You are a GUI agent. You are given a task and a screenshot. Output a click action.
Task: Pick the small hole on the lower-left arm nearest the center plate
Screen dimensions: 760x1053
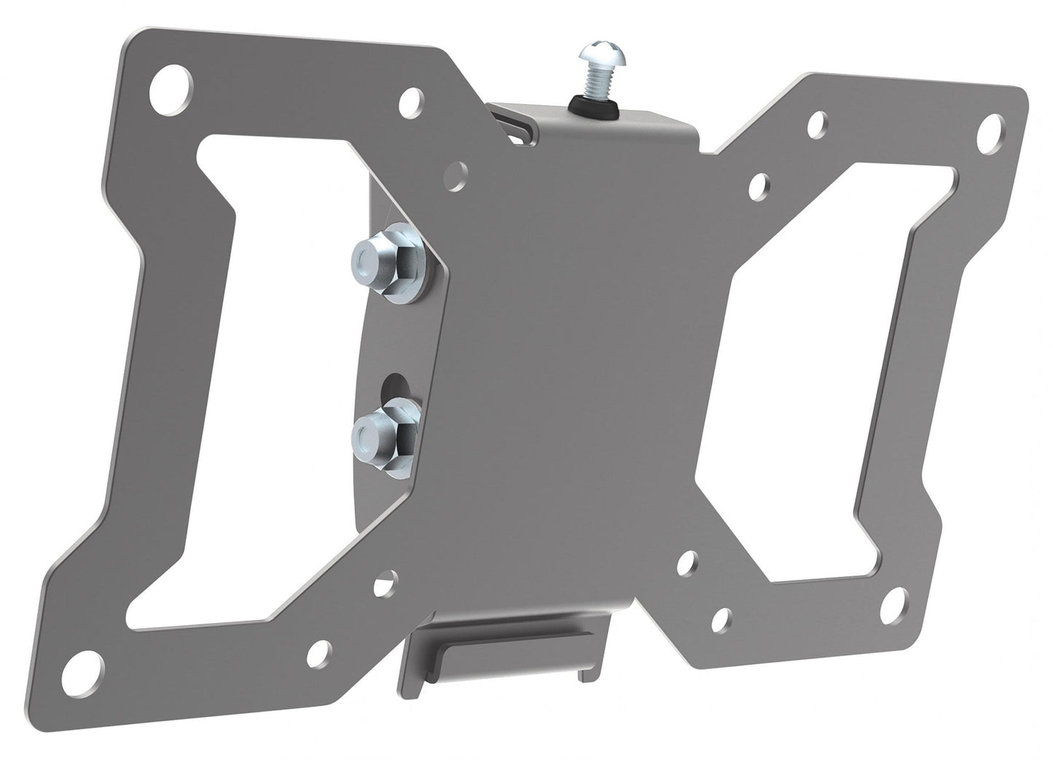tap(381, 586)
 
